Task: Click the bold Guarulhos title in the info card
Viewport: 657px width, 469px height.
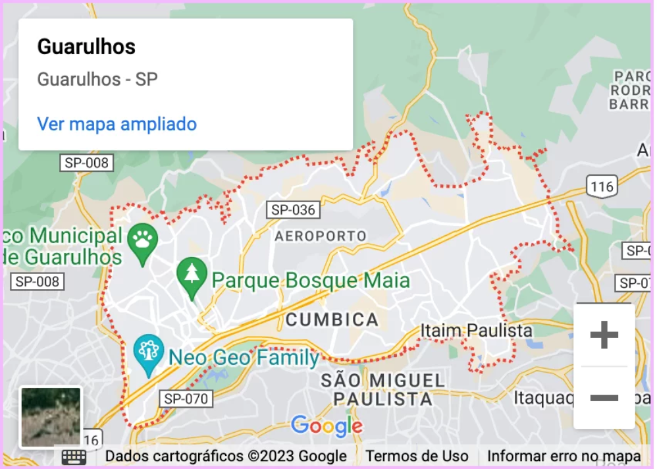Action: pos(86,47)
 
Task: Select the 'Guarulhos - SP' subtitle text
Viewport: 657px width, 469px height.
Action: pos(97,80)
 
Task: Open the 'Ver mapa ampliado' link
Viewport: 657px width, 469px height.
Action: pos(117,124)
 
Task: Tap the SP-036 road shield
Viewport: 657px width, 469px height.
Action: pos(294,210)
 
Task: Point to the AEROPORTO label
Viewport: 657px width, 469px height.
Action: pos(320,235)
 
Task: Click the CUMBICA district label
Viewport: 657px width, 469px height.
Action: pos(332,320)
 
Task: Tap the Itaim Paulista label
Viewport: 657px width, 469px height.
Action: pos(477,330)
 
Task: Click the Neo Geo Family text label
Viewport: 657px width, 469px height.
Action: pos(244,358)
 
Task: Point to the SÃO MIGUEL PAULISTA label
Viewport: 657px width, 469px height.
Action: pos(382,389)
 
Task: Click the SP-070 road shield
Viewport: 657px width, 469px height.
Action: pos(186,399)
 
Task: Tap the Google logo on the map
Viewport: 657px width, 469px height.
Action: pos(327,426)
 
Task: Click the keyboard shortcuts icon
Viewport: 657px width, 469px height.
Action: pos(74,456)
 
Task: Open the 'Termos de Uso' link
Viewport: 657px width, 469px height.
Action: pos(417,456)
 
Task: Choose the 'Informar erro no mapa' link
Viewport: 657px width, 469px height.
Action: pos(564,456)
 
